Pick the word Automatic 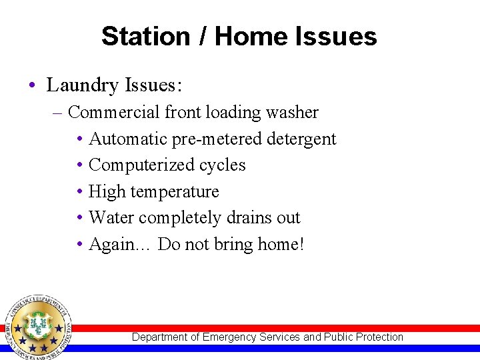click(x=127, y=139)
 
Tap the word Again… click(x=120, y=244)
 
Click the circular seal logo click(x=37, y=327)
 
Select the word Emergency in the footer click(x=229, y=337)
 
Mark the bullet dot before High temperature click(x=79, y=192)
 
